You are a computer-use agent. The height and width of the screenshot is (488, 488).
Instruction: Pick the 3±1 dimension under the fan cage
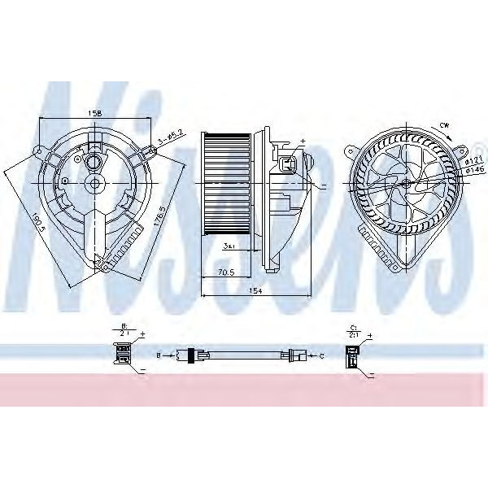pyautogui.click(x=230, y=245)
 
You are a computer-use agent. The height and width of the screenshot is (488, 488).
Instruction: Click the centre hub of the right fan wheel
pyautogui.click(x=403, y=185)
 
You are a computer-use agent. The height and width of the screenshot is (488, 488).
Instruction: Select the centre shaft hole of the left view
pyautogui.click(x=95, y=184)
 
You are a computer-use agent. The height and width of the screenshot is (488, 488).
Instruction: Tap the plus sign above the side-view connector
pyautogui.click(x=303, y=141)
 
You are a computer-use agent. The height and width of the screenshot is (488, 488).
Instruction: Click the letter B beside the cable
pyautogui.click(x=159, y=355)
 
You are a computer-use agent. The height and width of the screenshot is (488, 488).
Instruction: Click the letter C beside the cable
pyautogui.click(x=323, y=355)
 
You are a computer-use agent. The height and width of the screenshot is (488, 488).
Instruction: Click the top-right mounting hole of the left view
pyautogui.click(x=151, y=147)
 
